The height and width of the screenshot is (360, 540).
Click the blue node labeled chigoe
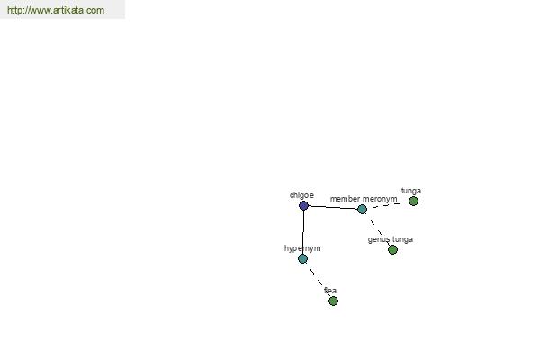click(x=303, y=205)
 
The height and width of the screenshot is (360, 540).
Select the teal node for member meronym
click(x=362, y=209)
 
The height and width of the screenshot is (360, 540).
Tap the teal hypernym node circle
click(x=302, y=258)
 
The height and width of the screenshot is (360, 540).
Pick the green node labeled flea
click(x=333, y=301)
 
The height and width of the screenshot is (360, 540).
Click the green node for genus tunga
click(x=392, y=249)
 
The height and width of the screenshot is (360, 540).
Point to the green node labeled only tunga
click(x=413, y=201)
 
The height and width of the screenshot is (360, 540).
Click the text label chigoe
click(x=301, y=194)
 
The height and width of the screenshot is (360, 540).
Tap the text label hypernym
click(x=302, y=248)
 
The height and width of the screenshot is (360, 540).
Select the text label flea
click(x=330, y=291)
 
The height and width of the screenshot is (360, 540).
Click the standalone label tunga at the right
click(x=411, y=191)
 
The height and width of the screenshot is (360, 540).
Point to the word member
click(x=346, y=199)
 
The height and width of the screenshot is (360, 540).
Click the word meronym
click(x=380, y=199)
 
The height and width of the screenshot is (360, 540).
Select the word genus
click(x=379, y=239)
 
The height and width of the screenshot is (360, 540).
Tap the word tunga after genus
click(x=402, y=239)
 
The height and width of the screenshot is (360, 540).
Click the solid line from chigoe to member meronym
click(x=333, y=207)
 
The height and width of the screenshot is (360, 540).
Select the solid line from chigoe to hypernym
click(x=303, y=232)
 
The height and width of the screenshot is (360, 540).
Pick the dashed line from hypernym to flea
click(x=318, y=280)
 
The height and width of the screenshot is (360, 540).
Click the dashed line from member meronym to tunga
click(x=388, y=204)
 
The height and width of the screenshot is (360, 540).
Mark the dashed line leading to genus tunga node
click(x=378, y=230)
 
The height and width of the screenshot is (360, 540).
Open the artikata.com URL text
click(x=55, y=11)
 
